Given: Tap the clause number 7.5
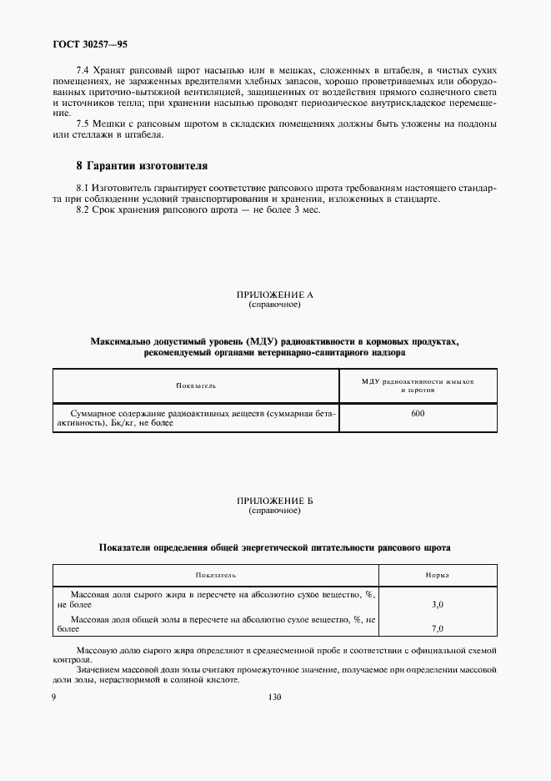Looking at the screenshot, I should [83, 124].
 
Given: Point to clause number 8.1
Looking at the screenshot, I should [83, 189].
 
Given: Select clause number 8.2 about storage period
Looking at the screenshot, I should [83, 209].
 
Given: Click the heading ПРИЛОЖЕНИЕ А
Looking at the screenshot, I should [274, 295].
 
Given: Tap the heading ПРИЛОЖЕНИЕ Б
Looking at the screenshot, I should [274, 500].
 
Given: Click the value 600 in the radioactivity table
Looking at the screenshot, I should [418, 413].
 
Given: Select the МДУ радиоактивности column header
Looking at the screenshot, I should [418, 385].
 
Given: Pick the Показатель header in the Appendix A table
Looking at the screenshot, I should [196, 385].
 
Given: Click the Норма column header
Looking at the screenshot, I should [438, 575].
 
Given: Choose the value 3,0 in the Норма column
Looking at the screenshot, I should [438, 603].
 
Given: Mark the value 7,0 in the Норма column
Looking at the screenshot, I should [438, 628].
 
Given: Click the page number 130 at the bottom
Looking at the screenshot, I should [274, 697].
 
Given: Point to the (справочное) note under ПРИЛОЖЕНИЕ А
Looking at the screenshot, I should [274, 305].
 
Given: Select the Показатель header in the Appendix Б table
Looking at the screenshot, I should [216, 575].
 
